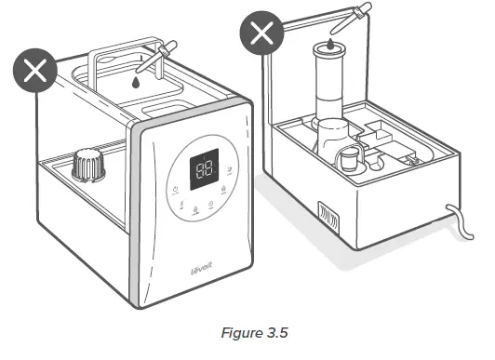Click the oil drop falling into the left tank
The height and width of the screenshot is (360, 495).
[x=137, y=82]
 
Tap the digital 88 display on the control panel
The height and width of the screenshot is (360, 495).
[x=205, y=167]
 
